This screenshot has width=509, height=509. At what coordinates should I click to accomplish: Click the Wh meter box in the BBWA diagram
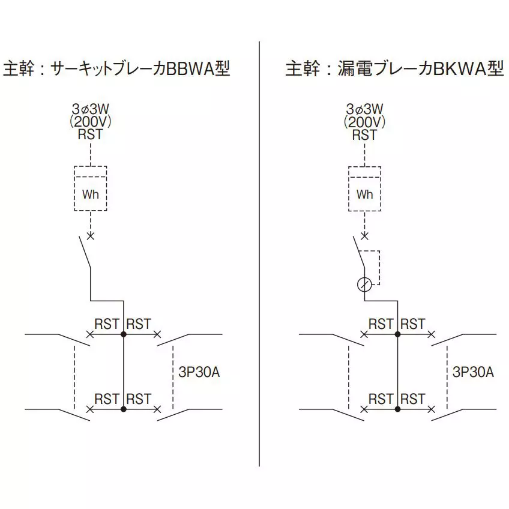click(90, 194)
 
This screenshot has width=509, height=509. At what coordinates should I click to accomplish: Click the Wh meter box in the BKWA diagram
click(364, 194)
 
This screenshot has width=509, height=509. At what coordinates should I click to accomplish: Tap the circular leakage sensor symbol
click(364, 284)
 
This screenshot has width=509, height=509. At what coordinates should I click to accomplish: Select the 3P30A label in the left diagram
click(199, 372)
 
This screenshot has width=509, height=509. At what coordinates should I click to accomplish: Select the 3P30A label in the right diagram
click(474, 372)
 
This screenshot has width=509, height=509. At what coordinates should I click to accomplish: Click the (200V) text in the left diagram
click(90, 122)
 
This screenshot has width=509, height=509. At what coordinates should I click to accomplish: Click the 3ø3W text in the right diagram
click(364, 109)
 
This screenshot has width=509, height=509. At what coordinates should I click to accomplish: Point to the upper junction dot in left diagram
click(124, 334)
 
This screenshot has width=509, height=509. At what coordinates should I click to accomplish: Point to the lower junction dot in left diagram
click(124, 409)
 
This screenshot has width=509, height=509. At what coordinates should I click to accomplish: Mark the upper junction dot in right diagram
click(398, 334)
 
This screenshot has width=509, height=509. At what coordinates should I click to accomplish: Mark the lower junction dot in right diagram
click(398, 409)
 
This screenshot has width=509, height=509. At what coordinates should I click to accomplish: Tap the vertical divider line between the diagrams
click(259, 252)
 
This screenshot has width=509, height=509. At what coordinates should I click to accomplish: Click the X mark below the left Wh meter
click(90, 235)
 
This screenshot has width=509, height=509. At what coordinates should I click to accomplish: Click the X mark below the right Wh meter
click(364, 235)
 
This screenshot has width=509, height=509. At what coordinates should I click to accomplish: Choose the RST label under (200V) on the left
click(90, 134)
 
